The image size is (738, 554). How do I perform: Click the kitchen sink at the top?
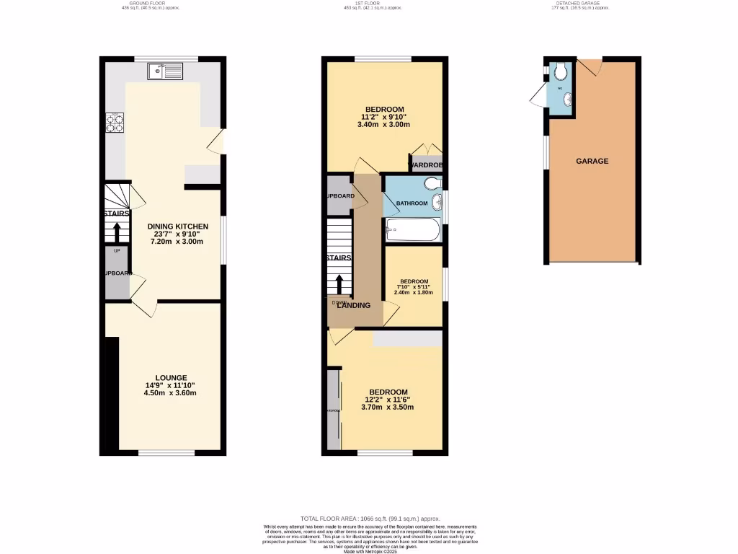click(165, 71)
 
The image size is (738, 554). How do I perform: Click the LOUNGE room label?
click(171, 378)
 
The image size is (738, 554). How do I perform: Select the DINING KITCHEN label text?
click(178, 227)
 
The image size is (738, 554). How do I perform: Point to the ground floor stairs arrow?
click(117, 232)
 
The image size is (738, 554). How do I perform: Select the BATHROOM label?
click(412, 203)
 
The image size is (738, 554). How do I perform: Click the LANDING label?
click(354, 305)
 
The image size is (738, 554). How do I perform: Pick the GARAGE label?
click(592, 161)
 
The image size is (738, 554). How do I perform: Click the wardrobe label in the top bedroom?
click(425, 166)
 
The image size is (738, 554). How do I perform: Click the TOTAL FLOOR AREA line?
click(370, 519)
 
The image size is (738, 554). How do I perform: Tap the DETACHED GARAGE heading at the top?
click(580, 4)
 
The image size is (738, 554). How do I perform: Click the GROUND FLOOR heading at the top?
click(150, 4)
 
